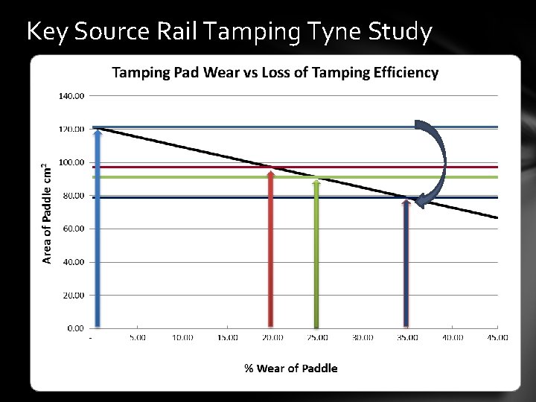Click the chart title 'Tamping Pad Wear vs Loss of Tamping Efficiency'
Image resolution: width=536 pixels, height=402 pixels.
275,72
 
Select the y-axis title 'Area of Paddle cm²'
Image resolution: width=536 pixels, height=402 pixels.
47,212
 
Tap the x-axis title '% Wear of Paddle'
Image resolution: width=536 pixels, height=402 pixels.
291,368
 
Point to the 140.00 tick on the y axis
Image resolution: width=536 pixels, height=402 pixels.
71,96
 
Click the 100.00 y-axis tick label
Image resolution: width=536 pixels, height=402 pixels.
71,162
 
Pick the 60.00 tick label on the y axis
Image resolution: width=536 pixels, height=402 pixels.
73,229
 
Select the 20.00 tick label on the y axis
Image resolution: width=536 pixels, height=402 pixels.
73,295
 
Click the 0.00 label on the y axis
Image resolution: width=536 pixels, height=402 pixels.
75,328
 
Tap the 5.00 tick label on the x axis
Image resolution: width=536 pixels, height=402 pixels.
138,337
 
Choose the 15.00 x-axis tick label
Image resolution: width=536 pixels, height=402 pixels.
228,337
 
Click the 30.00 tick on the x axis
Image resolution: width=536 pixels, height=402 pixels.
363,337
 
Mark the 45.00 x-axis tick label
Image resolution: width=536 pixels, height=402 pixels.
497,337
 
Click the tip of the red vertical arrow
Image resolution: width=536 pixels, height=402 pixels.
270,172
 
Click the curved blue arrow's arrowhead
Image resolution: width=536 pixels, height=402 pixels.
421,200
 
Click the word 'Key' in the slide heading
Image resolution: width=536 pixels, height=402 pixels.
45,32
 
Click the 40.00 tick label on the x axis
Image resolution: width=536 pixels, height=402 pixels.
452,337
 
